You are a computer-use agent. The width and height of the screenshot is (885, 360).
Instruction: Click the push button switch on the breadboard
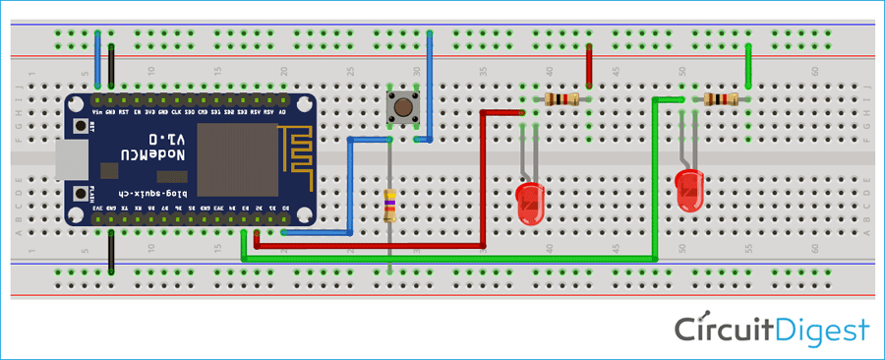pyautogui.click(x=402, y=107)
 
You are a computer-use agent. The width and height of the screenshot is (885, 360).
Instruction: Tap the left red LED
pyautogui.click(x=530, y=201)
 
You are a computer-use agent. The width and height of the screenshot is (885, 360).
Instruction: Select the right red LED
pyautogui.click(x=690, y=190)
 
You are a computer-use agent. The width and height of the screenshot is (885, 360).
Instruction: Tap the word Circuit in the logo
pyautogui.click(x=718, y=330)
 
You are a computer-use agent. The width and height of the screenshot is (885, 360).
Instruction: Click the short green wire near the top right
pyautogui.click(x=749, y=68)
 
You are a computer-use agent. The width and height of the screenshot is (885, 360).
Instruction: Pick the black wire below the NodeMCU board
pyautogui.click(x=111, y=251)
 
